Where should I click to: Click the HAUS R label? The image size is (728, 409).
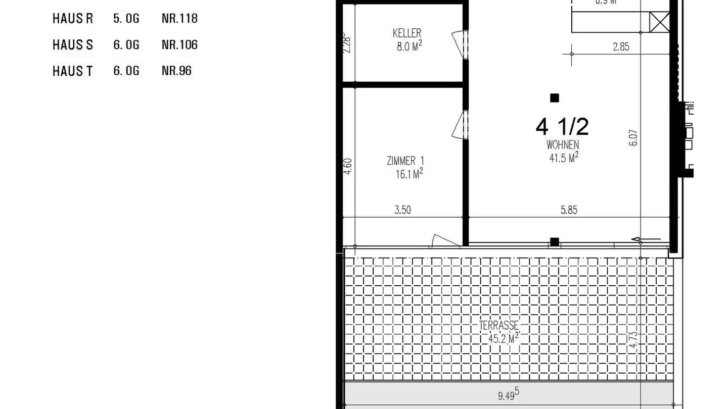coord(73,19)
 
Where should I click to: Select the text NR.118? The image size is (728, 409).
coord(179,19)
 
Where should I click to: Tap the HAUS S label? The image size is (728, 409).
coord(73,45)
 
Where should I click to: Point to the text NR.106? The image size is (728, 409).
coord(179,45)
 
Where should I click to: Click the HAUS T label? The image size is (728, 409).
coord(73,71)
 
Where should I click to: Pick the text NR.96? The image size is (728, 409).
coord(176,71)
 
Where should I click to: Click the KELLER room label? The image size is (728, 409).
coord(407,33)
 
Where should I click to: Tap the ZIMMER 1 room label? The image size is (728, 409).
coord(405,161)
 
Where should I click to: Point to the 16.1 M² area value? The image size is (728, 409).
coord(409,174)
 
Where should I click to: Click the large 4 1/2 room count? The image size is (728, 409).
coord(562,126)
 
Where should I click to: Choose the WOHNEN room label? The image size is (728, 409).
coord(563,145)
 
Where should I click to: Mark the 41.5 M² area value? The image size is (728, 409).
coord(564,158)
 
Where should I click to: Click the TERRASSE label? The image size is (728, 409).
coord(499,326)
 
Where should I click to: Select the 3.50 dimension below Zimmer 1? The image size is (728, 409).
coord(402,210)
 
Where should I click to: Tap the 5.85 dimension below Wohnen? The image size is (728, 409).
coord(569,210)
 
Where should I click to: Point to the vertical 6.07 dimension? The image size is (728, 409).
coord(634,137)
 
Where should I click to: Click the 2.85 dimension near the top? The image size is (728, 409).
coord(621,47)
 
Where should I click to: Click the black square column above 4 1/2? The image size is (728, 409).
coord(555,98)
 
